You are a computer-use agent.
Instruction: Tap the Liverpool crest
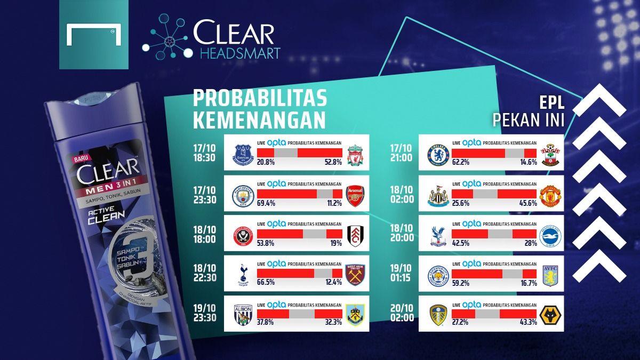[355, 155]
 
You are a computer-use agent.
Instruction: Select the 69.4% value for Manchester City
[266, 204]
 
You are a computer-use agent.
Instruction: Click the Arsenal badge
[355, 196]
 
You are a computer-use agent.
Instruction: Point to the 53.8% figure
[266, 244]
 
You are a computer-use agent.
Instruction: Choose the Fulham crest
[355, 236]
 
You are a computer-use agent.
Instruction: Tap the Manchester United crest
[549, 196]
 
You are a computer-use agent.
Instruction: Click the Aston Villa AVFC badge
[549, 276]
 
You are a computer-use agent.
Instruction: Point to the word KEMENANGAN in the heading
[259, 119]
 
